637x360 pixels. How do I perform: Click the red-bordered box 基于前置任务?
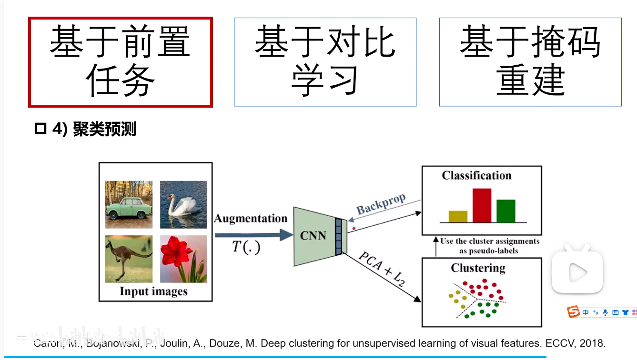tap(120, 62)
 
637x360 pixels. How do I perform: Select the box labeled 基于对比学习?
tap(325, 62)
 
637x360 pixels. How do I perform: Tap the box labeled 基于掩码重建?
tap(530, 62)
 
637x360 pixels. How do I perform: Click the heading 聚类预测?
tap(104, 130)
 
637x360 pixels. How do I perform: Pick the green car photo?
tap(129, 204)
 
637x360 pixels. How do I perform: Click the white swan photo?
tap(183, 204)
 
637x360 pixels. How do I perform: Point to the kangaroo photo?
tap(129, 259)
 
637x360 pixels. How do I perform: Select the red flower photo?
tap(183, 259)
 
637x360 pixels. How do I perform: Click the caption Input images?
tap(153, 291)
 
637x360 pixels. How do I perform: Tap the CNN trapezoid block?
tap(313, 236)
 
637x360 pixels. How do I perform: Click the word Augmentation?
tap(251, 219)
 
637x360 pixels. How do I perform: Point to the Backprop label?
tap(381, 204)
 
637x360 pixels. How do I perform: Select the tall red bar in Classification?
tap(482, 206)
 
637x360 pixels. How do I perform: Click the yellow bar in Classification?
tap(458, 217)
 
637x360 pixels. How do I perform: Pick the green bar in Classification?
tap(506, 211)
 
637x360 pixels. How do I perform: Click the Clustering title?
tap(478, 268)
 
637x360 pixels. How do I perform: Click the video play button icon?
tap(577, 273)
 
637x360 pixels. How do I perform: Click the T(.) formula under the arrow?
tap(246, 247)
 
